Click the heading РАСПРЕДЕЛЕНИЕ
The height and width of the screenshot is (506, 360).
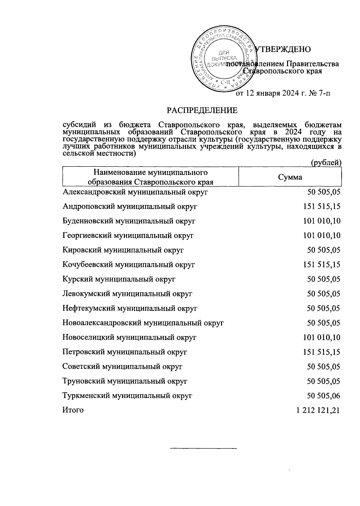(x=202, y=110)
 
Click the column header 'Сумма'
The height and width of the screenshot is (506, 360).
(x=290, y=177)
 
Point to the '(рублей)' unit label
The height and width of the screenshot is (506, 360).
(x=326, y=162)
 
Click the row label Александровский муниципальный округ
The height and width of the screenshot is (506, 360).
(x=135, y=192)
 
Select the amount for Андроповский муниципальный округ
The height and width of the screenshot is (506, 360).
(x=322, y=206)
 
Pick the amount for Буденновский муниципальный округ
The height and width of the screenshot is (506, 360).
(x=322, y=221)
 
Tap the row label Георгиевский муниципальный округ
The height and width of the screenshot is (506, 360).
(x=128, y=236)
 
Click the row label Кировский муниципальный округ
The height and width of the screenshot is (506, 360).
(x=123, y=250)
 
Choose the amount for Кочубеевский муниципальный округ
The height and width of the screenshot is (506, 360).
(x=322, y=265)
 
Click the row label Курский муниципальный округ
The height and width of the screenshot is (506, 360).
(x=119, y=279)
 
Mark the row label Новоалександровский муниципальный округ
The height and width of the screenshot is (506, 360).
(x=143, y=323)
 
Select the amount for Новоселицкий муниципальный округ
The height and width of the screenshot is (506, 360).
(x=322, y=337)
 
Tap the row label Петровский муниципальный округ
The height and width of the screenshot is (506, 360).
(x=125, y=352)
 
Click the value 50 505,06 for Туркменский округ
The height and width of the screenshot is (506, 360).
(x=323, y=396)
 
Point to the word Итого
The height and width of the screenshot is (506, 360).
(x=73, y=410)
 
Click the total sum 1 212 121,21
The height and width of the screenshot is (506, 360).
(x=318, y=410)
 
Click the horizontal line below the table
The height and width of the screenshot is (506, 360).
(x=203, y=449)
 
